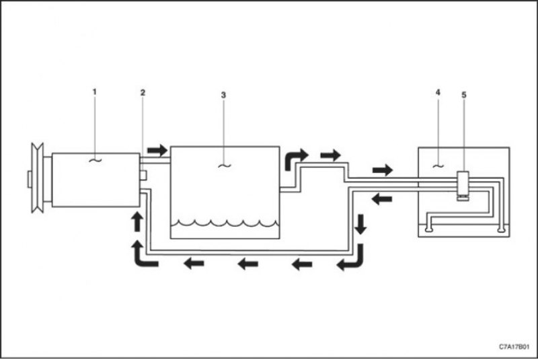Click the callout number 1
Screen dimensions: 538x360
point(95,92)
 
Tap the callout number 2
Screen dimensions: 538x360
point(143,92)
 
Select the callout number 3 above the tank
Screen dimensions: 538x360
point(223,95)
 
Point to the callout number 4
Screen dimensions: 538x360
point(438,92)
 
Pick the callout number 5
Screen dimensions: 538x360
point(464,95)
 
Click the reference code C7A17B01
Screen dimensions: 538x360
point(514,347)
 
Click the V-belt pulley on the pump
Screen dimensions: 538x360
point(38,178)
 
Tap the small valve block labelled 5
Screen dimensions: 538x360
point(463,186)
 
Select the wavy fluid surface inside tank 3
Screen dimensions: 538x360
point(225,223)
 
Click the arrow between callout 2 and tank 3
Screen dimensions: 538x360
point(157,150)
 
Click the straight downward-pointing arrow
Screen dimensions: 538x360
point(360,225)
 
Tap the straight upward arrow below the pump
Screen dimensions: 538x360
point(138,221)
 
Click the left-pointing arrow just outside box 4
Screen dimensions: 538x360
point(382,199)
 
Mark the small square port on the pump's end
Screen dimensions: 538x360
point(143,176)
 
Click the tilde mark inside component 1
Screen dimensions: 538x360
point(95,159)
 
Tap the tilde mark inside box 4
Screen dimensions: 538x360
point(438,166)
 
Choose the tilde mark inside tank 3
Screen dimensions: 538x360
point(225,166)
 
